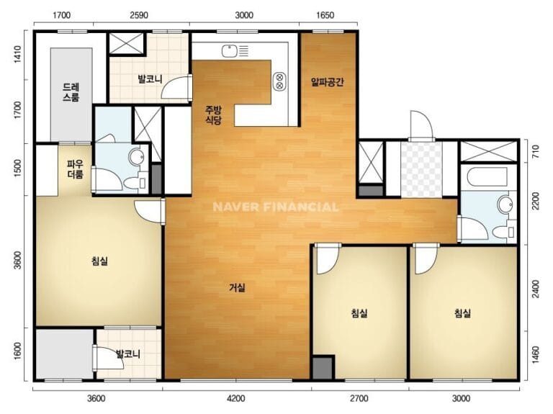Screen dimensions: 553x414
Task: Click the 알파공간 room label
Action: pos(328,82)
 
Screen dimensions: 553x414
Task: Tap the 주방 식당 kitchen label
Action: pos(213,115)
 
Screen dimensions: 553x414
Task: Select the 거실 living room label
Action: pos(237,288)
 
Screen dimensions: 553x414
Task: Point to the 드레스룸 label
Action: pos(71,92)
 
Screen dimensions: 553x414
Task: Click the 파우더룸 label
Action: pos(75,169)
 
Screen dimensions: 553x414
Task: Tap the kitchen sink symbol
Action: pos(235,52)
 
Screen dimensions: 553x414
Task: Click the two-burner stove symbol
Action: pos(279,81)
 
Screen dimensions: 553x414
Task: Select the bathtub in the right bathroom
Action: pos(487,176)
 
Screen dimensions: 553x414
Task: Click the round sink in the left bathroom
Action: pos(136,156)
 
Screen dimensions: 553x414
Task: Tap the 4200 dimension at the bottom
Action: pos(236,398)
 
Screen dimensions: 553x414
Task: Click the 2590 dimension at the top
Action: pos(139,15)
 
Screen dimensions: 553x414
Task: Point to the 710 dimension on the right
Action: pos(536,150)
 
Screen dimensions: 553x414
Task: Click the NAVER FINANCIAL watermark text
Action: pos(276,207)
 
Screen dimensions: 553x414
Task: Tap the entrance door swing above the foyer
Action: pos(421,126)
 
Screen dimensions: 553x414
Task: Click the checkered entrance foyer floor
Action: pos(421,170)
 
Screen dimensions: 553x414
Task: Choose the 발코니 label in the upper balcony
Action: pos(150,79)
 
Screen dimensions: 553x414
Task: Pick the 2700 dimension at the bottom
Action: pos(359,398)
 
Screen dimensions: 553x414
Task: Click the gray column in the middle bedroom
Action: pos(323,368)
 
